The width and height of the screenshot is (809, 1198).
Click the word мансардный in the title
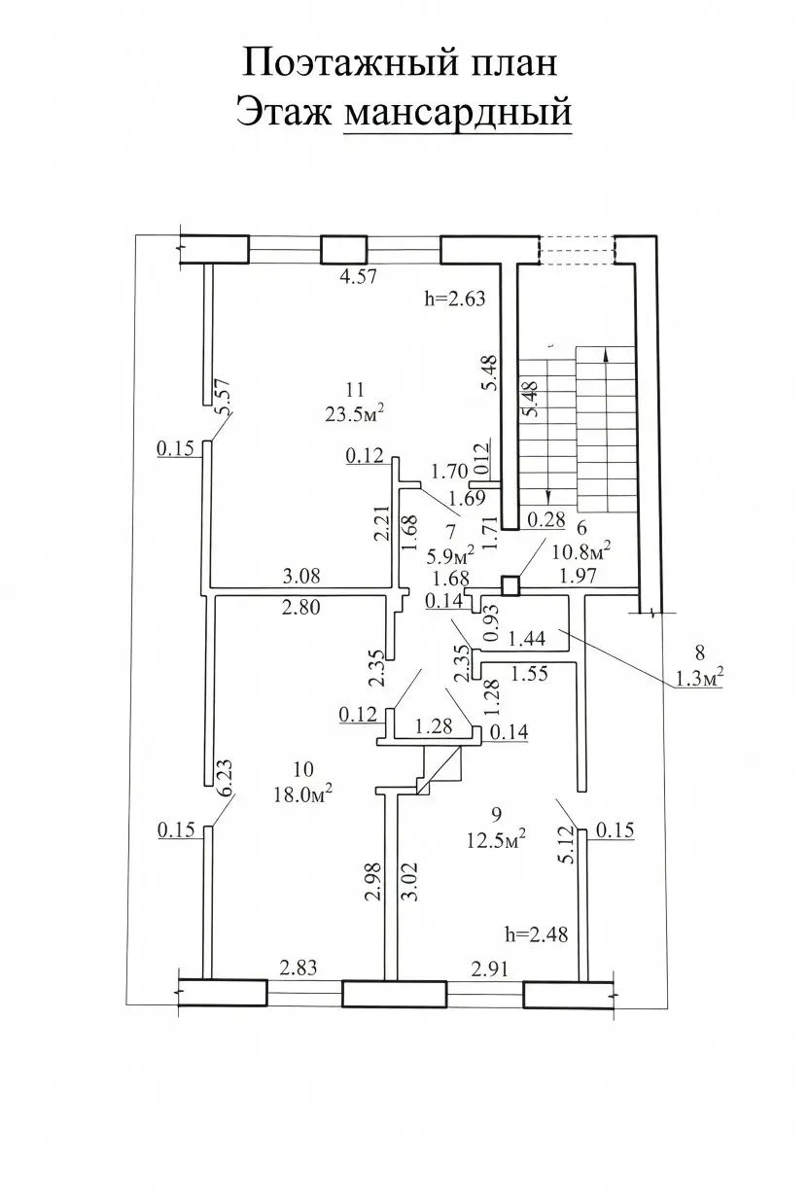click(x=457, y=113)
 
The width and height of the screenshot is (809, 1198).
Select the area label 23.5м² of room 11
click(x=355, y=413)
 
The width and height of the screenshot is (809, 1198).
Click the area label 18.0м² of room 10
click(x=303, y=794)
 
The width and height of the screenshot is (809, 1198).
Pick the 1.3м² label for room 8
click(x=699, y=679)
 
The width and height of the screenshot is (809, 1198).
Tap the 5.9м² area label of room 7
click(x=451, y=557)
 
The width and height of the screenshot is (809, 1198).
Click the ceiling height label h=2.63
click(x=455, y=299)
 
